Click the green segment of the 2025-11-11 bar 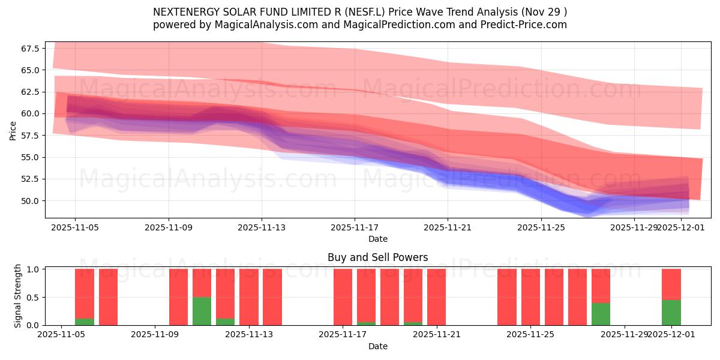click(x=202, y=311)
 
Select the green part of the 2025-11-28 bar click(x=601, y=314)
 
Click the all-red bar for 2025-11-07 click(x=108, y=297)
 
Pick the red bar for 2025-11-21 click(x=436, y=297)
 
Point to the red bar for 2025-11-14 click(x=272, y=297)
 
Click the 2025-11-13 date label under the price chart click(x=262, y=227)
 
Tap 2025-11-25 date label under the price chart click(x=541, y=227)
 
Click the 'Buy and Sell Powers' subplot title click(x=377, y=257)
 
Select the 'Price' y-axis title click(x=13, y=130)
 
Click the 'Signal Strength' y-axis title click(x=18, y=296)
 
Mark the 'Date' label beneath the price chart click(x=377, y=239)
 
